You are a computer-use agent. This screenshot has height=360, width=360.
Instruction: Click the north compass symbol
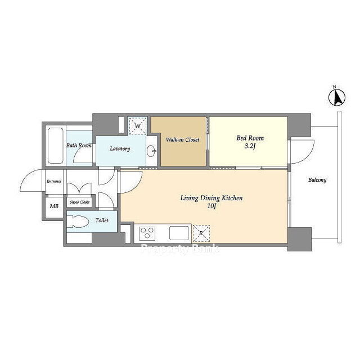(337, 97)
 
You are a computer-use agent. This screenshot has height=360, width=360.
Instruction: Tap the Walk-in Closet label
(182, 139)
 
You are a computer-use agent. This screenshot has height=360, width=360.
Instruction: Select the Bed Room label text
(250, 138)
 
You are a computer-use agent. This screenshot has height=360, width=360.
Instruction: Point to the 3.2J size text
(250, 146)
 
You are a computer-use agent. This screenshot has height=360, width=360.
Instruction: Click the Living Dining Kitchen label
(211, 198)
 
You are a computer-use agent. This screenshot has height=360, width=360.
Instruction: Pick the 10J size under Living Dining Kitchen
(211, 206)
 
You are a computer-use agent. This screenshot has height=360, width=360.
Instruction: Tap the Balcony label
(317, 180)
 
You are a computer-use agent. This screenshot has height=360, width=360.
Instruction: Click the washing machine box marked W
(137, 126)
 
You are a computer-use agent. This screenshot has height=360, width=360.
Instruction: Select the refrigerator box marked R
(201, 233)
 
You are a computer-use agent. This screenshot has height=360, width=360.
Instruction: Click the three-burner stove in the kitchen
(147, 233)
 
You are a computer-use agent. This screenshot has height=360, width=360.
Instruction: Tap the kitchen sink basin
(179, 233)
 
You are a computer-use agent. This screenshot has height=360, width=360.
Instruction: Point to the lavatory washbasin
(151, 151)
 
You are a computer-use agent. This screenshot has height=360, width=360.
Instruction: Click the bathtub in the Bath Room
(55, 146)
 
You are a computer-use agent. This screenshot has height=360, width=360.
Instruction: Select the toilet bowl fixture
(78, 222)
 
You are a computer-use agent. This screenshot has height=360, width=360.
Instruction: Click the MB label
(54, 206)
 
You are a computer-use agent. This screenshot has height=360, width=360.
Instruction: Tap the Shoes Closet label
(79, 202)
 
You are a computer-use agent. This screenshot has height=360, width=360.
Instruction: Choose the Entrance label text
(54, 181)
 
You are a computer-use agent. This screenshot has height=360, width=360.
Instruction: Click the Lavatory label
(120, 148)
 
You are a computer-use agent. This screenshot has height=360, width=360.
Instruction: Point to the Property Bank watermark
(180, 249)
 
